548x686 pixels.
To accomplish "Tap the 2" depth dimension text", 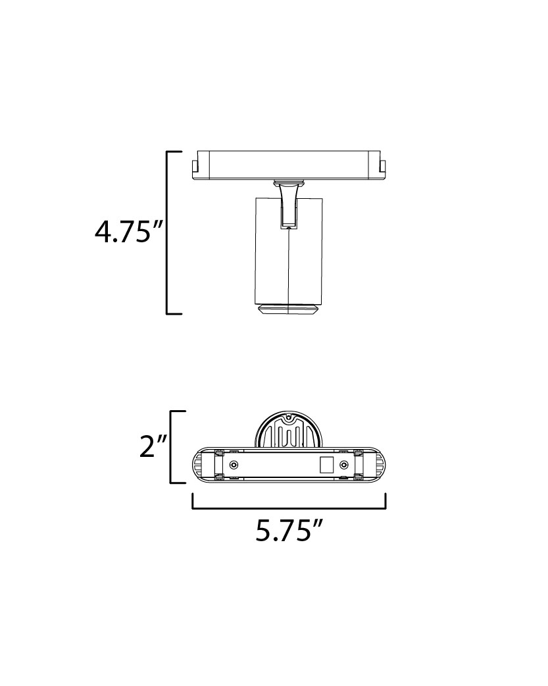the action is [153, 446].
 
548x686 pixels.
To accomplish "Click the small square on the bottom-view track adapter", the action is [327, 465].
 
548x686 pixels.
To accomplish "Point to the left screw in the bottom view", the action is [235, 464].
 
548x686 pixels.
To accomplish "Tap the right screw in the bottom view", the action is [345, 464].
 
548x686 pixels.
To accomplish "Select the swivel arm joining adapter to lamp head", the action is [288, 205].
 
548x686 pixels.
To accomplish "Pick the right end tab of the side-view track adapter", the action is [383, 167].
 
